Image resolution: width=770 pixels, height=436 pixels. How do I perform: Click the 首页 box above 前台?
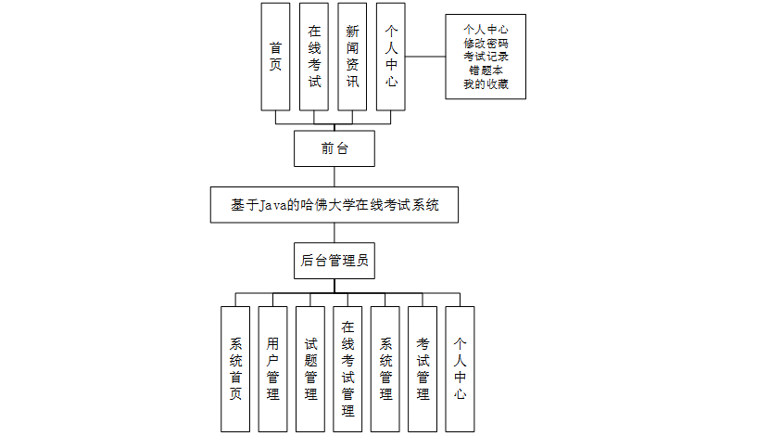tap(275, 57)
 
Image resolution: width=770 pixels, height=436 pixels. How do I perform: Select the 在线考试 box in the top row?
tap(314, 57)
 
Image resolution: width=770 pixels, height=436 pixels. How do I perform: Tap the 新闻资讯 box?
tap(352, 57)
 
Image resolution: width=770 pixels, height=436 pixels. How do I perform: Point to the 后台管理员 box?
tap(335, 261)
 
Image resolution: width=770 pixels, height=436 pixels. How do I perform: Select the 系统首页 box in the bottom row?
tap(235, 369)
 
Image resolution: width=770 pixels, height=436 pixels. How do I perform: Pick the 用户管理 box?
tap(272, 369)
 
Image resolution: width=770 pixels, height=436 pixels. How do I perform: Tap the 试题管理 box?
tap(310, 369)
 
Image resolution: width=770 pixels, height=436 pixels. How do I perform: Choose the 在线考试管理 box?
tap(347, 369)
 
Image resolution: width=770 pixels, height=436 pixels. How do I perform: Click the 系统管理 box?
tap(385, 369)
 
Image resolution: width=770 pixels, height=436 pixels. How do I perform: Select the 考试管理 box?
tap(423, 369)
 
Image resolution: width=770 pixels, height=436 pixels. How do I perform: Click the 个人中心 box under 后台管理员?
tap(460, 369)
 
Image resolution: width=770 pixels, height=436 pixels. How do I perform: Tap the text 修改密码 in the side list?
tap(486, 43)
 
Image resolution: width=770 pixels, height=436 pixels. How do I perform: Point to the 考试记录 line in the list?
tap(486, 57)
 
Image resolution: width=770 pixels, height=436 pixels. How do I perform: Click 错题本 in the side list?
tap(486, 71)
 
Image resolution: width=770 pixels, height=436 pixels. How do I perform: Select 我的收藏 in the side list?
tap(486, 84)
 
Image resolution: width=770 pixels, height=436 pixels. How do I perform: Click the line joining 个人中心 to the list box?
tap(426, 57)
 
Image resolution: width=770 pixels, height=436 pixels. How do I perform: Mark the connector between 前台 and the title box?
tap(335, 177)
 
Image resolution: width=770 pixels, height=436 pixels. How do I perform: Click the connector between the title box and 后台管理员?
tap(335, 233)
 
